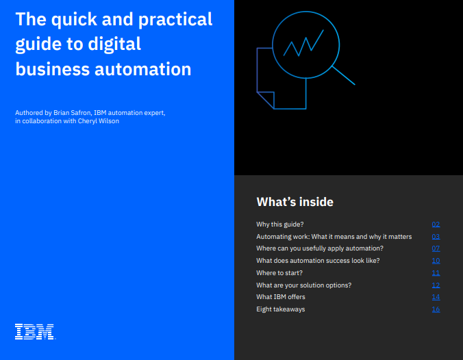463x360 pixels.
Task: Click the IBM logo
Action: click(34, 332)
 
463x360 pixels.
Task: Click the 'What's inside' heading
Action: click(295, 202)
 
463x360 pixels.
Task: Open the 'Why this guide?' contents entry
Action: click(279, 224)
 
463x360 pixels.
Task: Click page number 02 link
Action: click(436, 224)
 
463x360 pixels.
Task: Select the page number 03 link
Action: click(436, 237)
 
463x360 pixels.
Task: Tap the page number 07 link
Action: click(436, 248)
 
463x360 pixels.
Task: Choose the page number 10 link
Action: click(436, 261)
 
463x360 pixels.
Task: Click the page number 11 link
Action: click(436, 273)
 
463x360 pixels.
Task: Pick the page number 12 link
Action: click(436, 285)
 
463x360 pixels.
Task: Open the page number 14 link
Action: click(436, 297)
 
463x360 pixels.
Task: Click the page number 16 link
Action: click(436, 309)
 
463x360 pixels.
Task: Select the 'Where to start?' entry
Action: click(279, 273)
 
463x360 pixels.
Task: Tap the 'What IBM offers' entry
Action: click(281, 297)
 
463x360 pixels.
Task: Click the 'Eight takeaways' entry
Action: click(281, 309)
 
